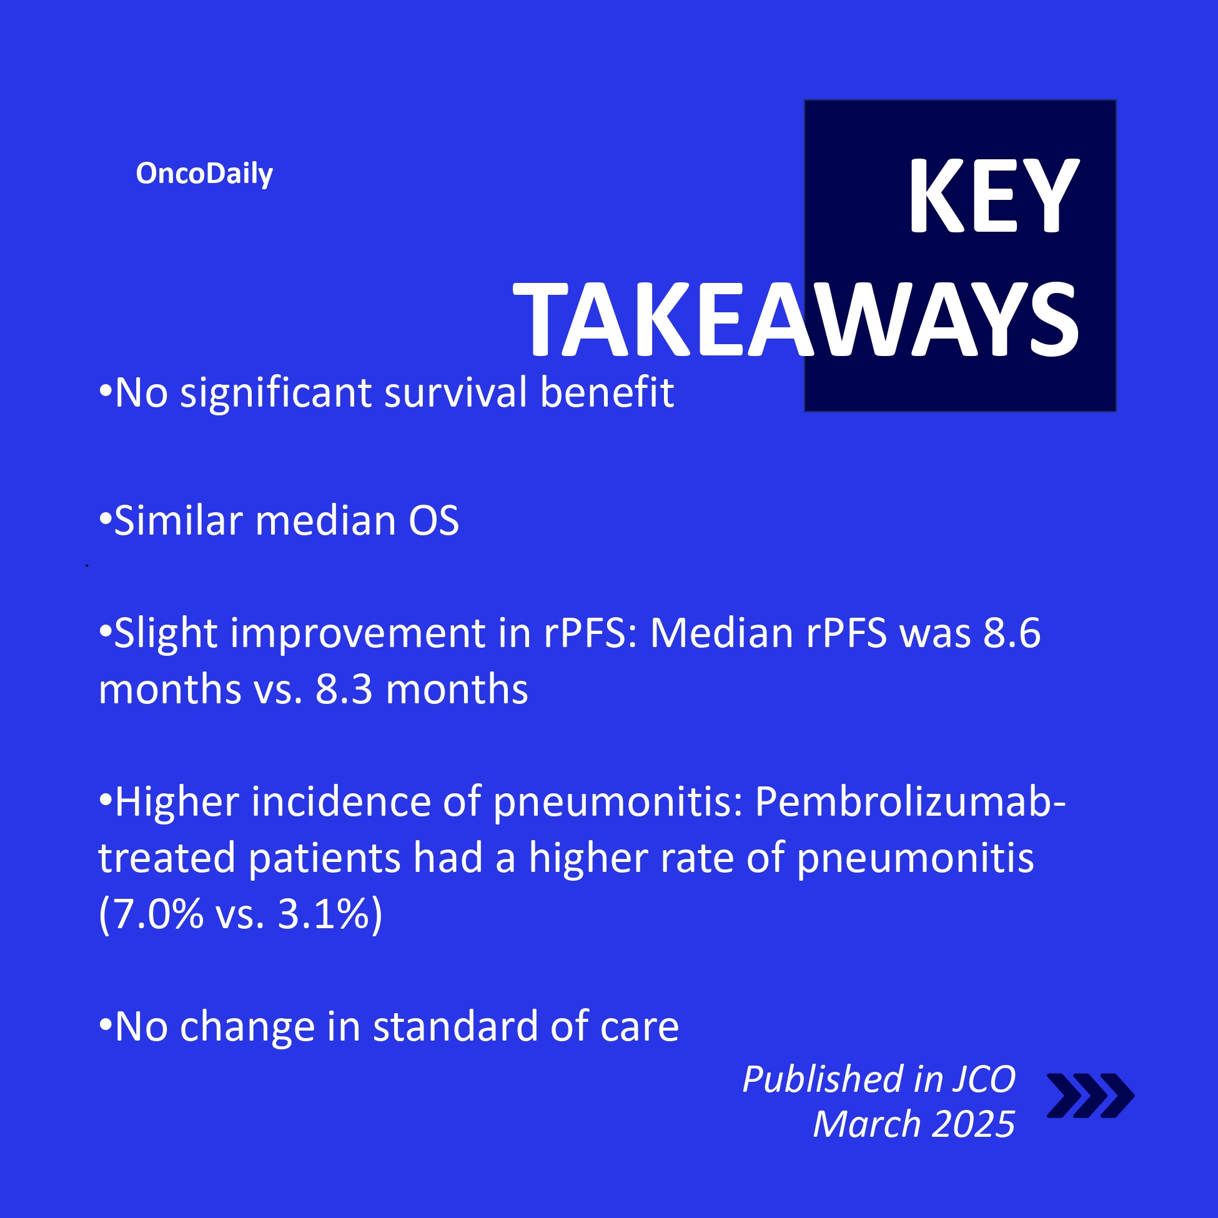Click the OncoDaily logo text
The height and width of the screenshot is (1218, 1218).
(204, 174)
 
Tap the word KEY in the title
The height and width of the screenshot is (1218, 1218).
(994, 196)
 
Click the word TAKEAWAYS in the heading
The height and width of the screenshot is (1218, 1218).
(796, 320)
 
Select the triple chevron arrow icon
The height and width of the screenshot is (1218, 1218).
(1090, 1096)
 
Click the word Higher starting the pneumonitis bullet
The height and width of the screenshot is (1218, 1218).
(177, 803)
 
